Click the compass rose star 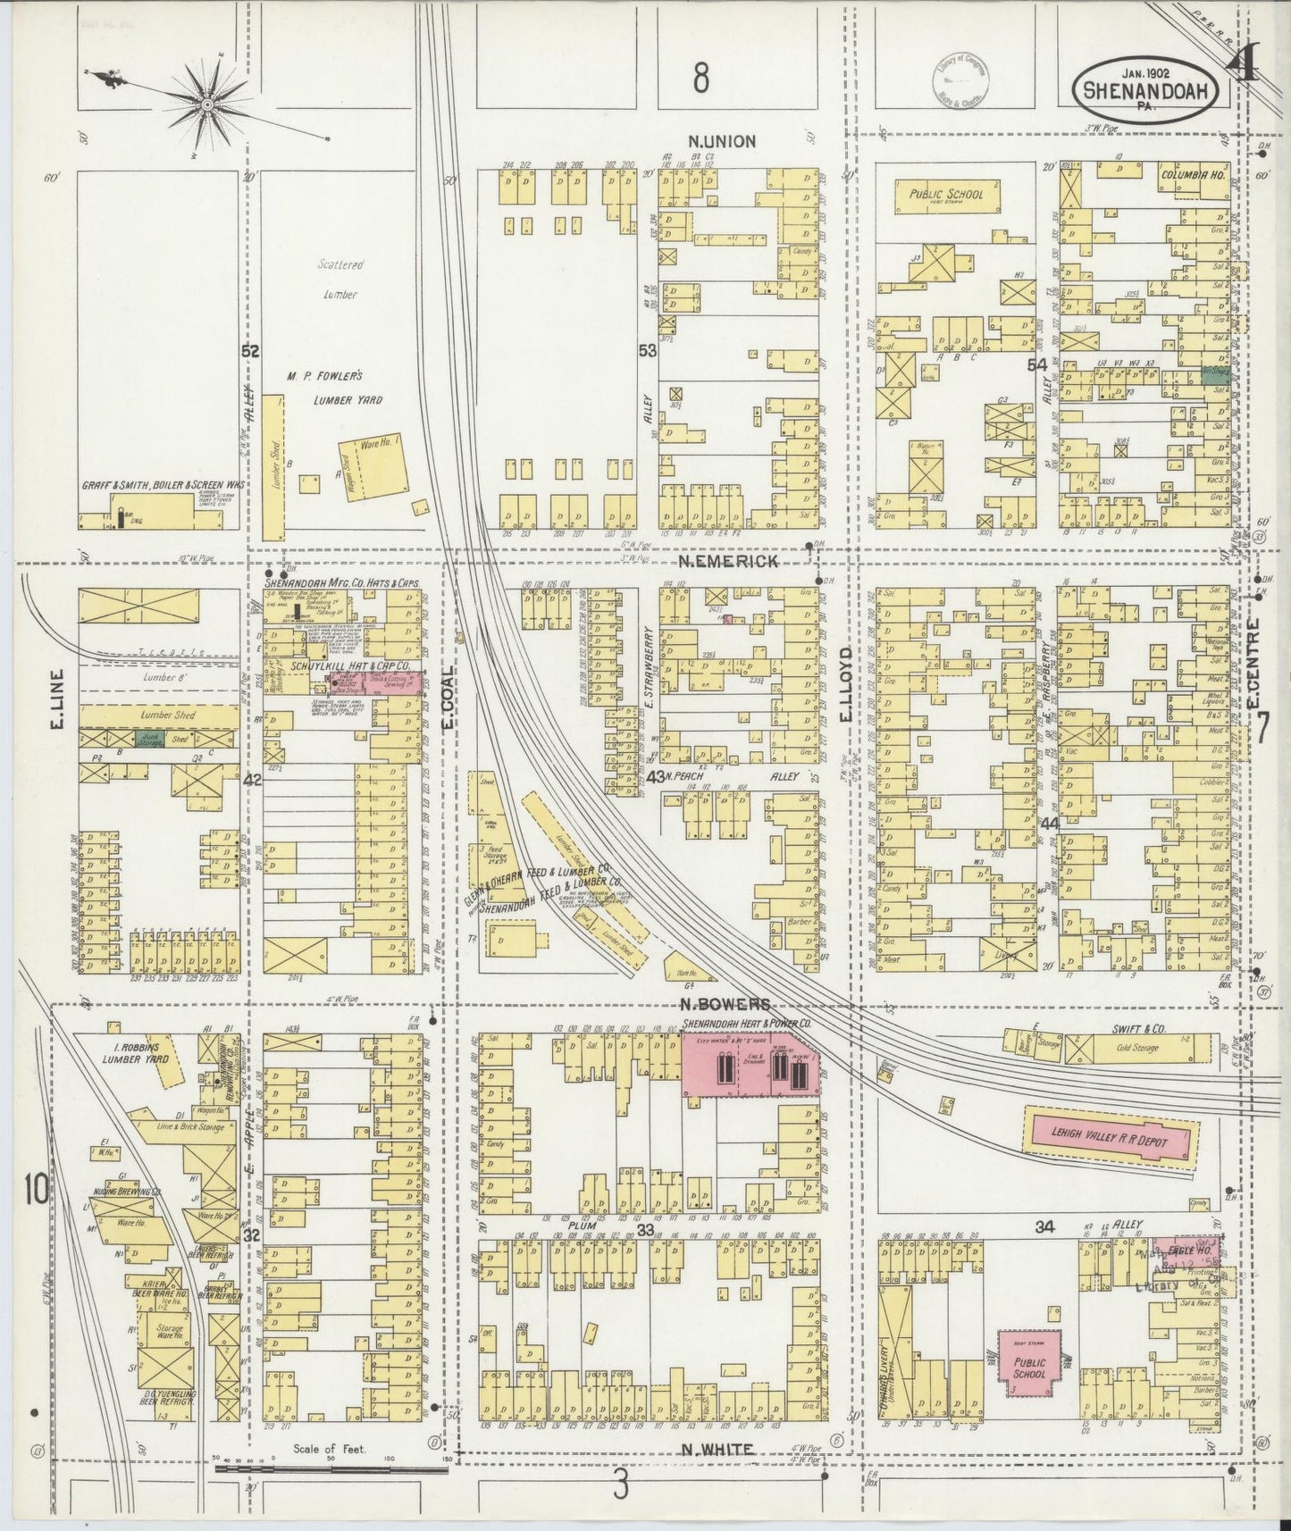[x=207, y=105]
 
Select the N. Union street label [x=722, y=140]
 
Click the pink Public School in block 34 [x=1028, y=1368]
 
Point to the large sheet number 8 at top [x=700, y=79]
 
